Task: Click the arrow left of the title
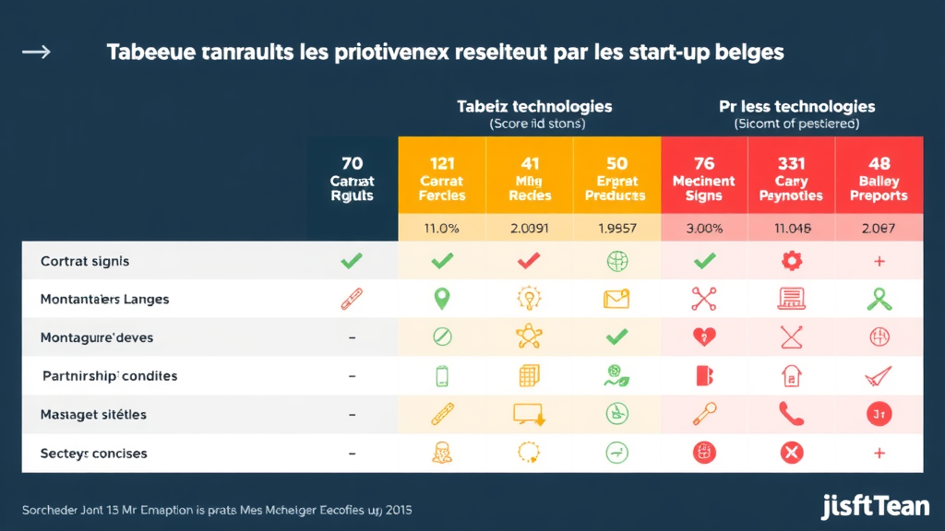[36, 52]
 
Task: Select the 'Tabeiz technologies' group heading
[534, 106]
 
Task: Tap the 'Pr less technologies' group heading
[796, 106]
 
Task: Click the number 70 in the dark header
[352, 164]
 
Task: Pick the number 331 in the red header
[791, 164]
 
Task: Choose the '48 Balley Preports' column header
[879, 180]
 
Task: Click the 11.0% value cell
[441, 228]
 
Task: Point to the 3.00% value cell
[704, 228]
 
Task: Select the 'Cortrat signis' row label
[85, 262]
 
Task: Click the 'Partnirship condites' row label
[110, 376]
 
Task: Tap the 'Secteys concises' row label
[94, 454]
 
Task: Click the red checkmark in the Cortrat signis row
[529, 262]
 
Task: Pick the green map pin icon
[441, 299]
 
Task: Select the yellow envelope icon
[616, 299]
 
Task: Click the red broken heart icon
[704, 337]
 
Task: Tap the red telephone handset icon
[791, 415]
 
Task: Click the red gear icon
[791, 262]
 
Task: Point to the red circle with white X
[791, 453]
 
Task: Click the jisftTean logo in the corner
[875, 506]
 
